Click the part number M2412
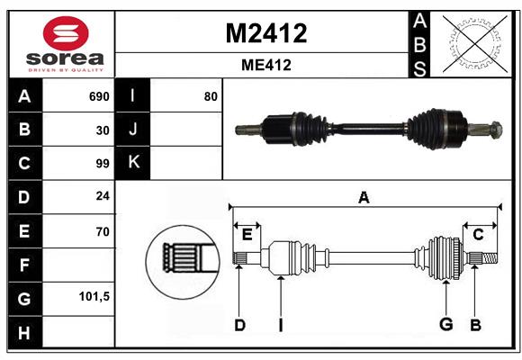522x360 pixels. (x=266, y=33)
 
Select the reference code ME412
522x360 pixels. (x=266, y=65)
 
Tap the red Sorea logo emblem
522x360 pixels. (x=66, y=33)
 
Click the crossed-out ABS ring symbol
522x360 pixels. (x=475, y=43)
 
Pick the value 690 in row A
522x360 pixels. (x=99, y=96)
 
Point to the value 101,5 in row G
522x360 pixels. (x=94, y=296)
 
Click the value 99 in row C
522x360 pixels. (x=103, y=164)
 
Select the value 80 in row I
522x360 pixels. (x=211, y=96)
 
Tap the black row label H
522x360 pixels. (x=24, y=332)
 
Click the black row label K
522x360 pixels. (x=133, y=162)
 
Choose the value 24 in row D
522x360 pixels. (x=103, y=196)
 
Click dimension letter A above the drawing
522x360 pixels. (x=364, y=197)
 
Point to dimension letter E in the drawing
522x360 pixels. (x=247, y=235)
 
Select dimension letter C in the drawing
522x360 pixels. (x=478, y=235)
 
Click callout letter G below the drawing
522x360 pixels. (x=446, y=324)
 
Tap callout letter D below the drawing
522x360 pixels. (x=239, y=325)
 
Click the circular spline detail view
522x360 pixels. (x=183, y=261)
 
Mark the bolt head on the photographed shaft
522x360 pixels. (x=496, y=130)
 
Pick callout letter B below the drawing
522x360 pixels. (x=475, y=325)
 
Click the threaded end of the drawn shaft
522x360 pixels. (x=490, y=258)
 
